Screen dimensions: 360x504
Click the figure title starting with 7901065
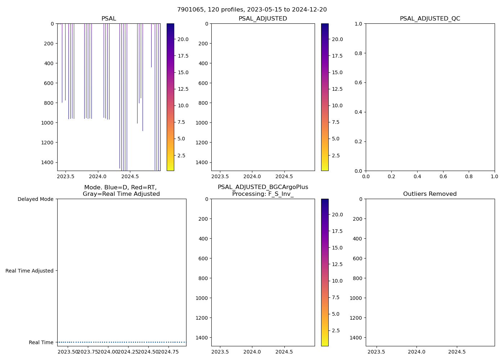pyautogui.click(x=252, y=10)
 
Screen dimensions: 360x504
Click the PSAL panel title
pyautogui.click(x=109, y=19)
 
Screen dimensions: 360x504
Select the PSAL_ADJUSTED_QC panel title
pyautogui.click(x=430, y=19)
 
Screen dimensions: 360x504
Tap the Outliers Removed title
pyautogui.click(x=430, y=194)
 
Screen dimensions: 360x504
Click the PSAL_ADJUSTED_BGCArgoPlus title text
pyautogui.click(x=263, y=187)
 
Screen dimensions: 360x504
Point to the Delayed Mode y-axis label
pyautogui.click(x=35, y=199)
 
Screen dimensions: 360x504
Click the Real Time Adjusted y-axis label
pyautogui.click(x=30, y=271)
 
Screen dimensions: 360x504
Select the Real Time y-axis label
pyautogui.click(x=41, y=342)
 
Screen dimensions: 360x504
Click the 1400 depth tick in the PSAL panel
pyautogui.click(x=47, y=162)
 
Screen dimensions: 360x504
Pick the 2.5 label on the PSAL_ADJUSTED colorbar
pyautogui.click(x=335, y=156)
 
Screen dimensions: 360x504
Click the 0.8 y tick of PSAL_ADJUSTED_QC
pyautogui.click(x=359, y=53)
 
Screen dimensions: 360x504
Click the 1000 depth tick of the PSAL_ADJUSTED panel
pyautogui.click(x=202, y=123)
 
